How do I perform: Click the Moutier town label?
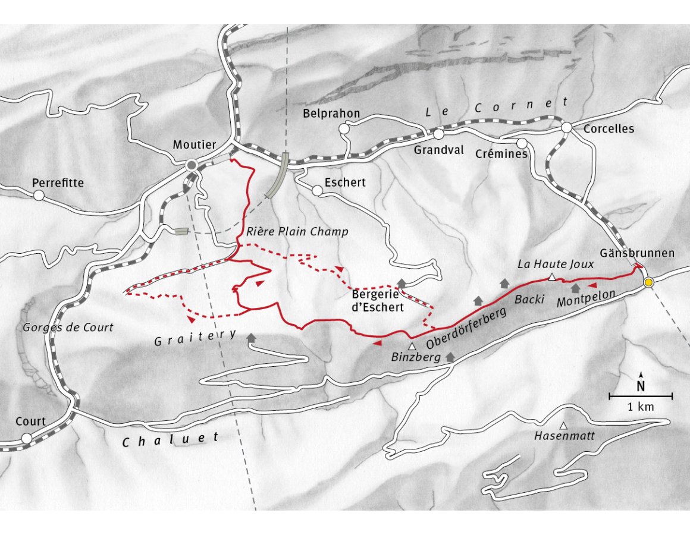(x=194, y=144)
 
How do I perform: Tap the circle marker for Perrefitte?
(x=39, y=195)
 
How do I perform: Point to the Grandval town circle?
(x=438, y=134)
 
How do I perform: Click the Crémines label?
(x=501, y=154)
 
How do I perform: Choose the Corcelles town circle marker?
(x=566, y=127)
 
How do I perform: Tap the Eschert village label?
(x=345, y=182)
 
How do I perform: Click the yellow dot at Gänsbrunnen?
(x=649, y=282)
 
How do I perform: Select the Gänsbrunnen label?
(x=638, y=253)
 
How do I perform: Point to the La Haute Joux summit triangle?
(x=552, y=277)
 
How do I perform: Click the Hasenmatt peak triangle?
(x=564, y=425)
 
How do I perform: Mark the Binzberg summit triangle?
(x=411, y=346)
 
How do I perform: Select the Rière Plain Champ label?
(x=296, y=232)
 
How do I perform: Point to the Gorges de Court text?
(x=67, y=328)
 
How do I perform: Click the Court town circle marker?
(x=26, y=438)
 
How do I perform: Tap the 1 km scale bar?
(x=641, y=396)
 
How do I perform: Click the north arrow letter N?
(x=641, y=386)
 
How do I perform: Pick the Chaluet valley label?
(x=171, y=439)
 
